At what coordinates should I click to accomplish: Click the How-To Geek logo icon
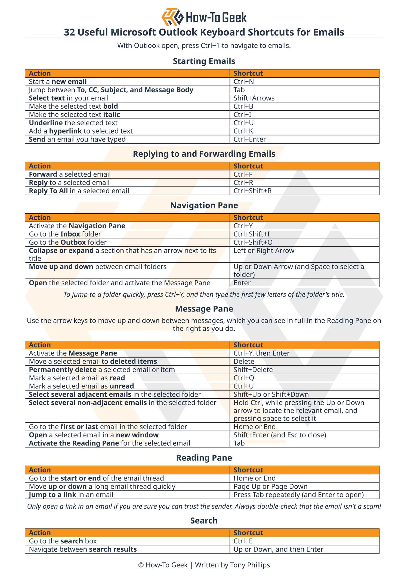pos(172,17)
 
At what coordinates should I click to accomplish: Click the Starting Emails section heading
pos(204,61)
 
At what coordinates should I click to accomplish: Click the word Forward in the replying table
pos(43,174)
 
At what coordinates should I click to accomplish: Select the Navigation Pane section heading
pos(204,205)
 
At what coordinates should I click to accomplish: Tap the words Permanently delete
pos(63,370)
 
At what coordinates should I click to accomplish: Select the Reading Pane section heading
pos(204,458)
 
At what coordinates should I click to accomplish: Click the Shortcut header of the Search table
pos(248,533)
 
